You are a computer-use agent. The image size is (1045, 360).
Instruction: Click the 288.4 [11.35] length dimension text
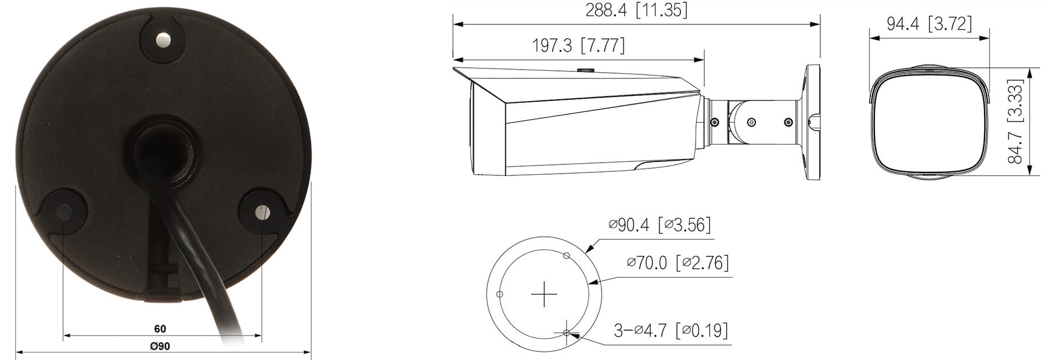point(636,10)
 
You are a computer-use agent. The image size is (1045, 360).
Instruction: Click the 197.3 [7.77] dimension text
point(578,45)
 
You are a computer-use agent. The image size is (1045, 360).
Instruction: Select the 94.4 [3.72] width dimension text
point(928,24)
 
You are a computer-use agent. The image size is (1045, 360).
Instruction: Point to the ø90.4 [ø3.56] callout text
point(659,225)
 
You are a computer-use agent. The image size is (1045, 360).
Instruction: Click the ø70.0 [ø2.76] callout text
point(677,262)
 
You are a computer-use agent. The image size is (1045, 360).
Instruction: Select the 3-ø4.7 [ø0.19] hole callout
point(671,330)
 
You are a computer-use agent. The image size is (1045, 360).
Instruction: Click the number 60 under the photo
point(160,329)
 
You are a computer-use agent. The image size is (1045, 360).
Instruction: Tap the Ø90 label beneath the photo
point(160,346)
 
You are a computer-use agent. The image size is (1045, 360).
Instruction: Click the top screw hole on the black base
point(163,40)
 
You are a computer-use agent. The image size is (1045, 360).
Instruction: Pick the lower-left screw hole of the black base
point(64,212)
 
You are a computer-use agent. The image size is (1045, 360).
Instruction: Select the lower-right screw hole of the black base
point(262,212)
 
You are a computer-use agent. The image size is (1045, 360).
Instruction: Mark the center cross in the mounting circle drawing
point(544,294)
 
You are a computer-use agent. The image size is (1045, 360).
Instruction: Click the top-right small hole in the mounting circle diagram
point(567,255)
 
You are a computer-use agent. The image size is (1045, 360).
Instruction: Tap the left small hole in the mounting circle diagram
point(499,294)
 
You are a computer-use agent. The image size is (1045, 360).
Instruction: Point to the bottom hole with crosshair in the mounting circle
point(567,333)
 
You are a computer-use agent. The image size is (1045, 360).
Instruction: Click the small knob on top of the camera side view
point(586,70)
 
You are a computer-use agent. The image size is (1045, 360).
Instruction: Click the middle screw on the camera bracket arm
point(751,122)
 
